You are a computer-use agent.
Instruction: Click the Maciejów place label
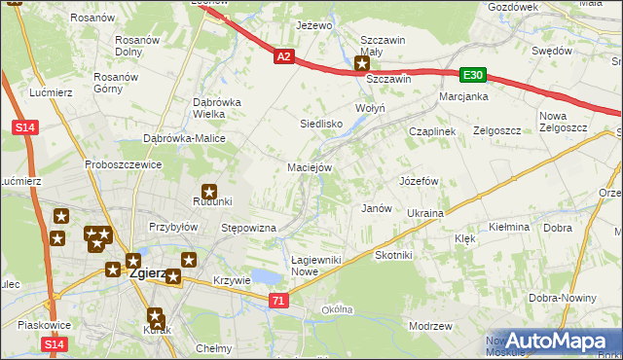(x=311, y=167)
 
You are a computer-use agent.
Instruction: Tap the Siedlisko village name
(x=320, y=125)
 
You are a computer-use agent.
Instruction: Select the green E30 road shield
(x=472, y=75)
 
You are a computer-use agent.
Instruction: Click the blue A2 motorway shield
(x=282, y=57)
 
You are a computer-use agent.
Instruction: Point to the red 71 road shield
(x=279, y=302)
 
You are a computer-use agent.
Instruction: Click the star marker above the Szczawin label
(x=362, y=64)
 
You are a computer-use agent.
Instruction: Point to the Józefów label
(x=420, y=182)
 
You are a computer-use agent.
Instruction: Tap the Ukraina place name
(x=425, y=213)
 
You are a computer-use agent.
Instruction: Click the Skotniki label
(x=394, y=255)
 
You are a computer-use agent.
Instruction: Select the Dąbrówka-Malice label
(x=185, y=139)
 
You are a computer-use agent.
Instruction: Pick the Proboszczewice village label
(x=123, y=165)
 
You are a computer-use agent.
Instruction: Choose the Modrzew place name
(x=431, y=327)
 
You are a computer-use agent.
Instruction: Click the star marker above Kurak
(x=156, y=315)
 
